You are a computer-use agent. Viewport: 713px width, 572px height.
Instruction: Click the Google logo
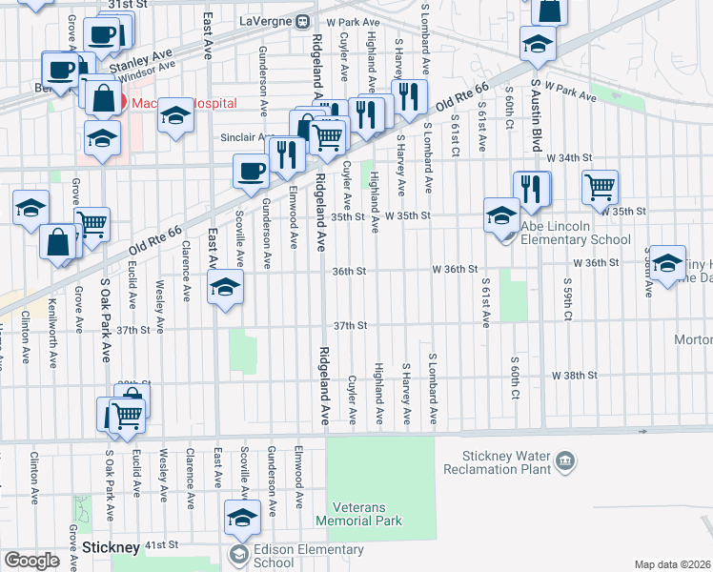pyautogui.click(x=31, y=561)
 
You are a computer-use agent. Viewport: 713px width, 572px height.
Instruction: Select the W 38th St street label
pyautogui.click(x=574, y=376)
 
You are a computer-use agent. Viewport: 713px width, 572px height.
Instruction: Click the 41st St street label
pyautogui.click(x=161, y=545)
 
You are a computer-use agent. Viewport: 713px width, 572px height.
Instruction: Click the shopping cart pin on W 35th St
pyautogui.click(x=600, y=187)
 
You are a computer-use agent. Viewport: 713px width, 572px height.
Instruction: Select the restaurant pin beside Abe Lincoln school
pyautogui.click(x=531, y=188)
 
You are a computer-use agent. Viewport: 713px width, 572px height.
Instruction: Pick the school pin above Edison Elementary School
pyautogui.click(x=242, y=518)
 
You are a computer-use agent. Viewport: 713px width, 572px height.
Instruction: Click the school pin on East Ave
pyautogui.click(x=224, y=286)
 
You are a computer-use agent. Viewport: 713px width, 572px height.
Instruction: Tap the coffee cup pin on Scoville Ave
pyautogui.click(x=251, y=171)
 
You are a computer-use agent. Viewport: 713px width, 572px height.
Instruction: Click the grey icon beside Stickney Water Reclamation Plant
pyautogui.click(x=565, y=462)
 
